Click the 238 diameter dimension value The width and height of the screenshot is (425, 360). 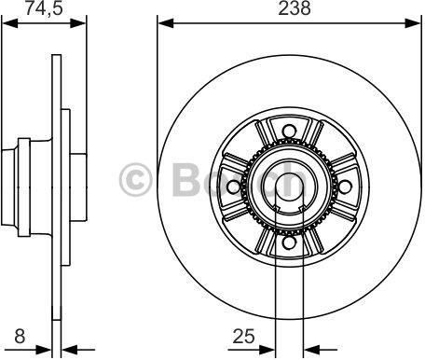coord(294,8)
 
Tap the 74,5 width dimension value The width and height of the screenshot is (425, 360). coord(44,8)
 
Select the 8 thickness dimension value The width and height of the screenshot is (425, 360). coord(20,336)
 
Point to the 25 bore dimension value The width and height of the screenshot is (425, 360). coord(244,336)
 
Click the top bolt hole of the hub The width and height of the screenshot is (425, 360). coord(289,131)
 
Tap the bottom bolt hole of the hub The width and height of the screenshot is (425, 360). coord(289,242)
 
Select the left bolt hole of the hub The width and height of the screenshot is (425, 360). coord(233,187)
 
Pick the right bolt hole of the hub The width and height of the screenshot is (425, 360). coord(345,187)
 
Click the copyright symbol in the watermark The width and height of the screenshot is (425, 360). coord(135,180)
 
